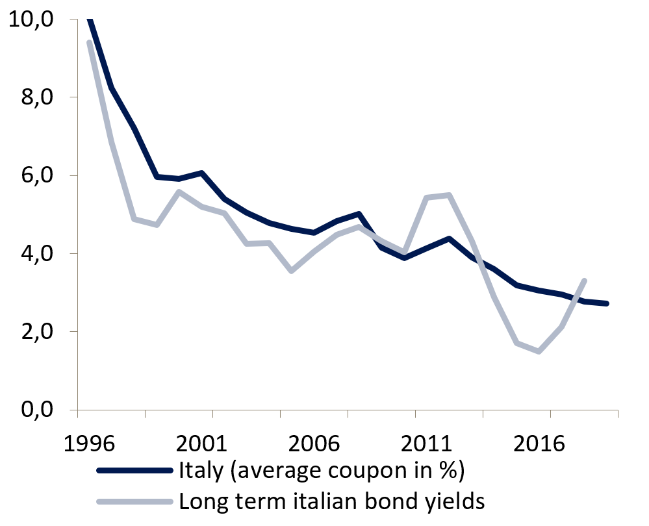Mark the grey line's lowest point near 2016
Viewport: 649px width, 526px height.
click(539, 351)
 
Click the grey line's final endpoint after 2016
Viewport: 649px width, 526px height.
click(585, 281)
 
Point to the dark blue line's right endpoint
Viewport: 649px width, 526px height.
click(606, 303)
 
